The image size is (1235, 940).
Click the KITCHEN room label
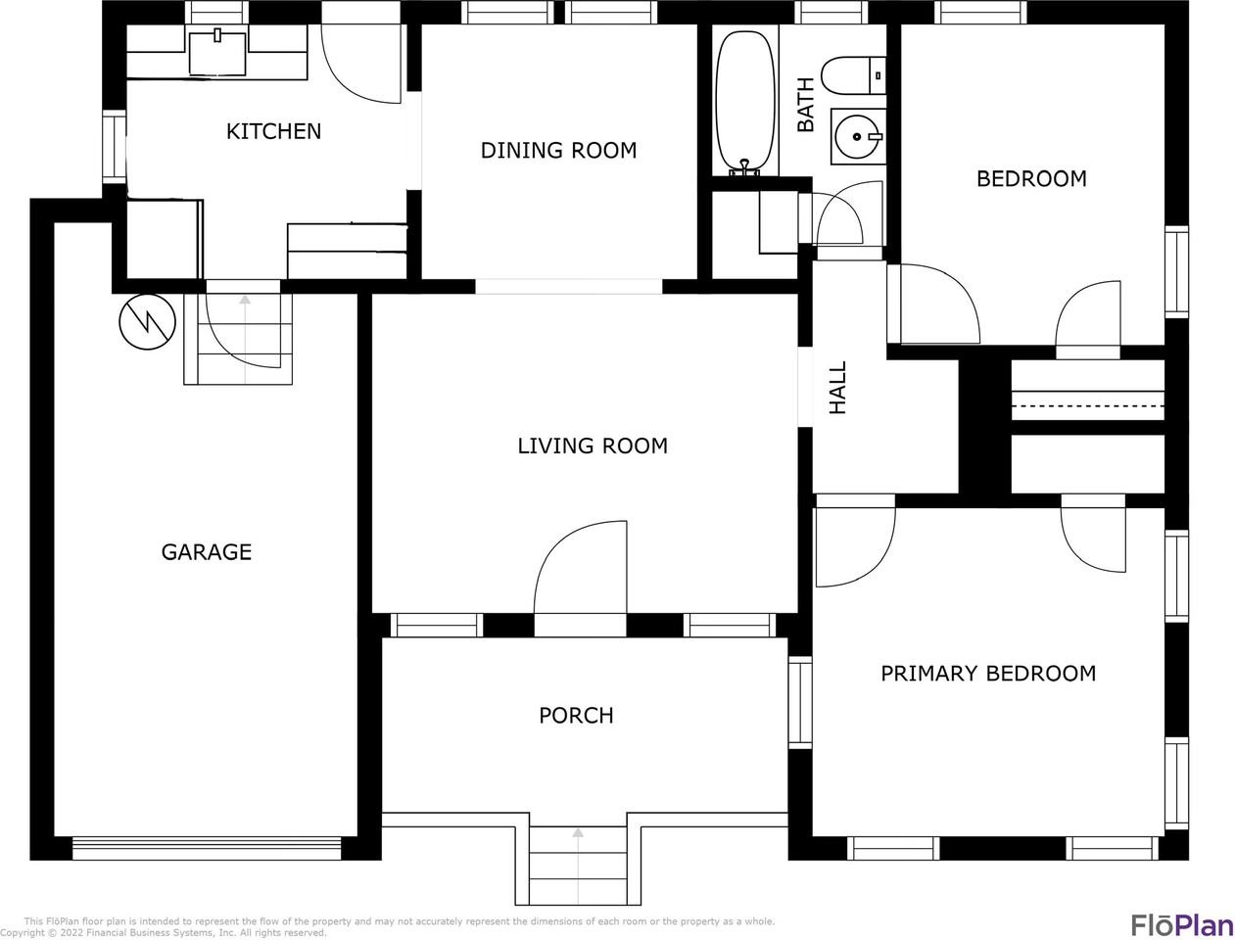point(273,131)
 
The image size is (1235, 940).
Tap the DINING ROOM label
point(558,151)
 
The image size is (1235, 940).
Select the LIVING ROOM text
point(593,446)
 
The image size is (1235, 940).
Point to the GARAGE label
point(207,552)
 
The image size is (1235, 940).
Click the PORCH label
point(576,716)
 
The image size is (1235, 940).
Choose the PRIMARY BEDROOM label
point(988,674)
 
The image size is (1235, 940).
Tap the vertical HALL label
point(837,388)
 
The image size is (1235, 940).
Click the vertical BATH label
point(806,105)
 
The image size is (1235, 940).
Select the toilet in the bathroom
point(853,75)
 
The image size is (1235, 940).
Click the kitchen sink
point(217,54)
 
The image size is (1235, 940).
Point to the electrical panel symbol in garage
point(148,322)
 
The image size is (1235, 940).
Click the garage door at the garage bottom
point(207,848)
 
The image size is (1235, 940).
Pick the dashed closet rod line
point(1087,405)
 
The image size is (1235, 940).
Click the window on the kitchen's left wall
point(115,147)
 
